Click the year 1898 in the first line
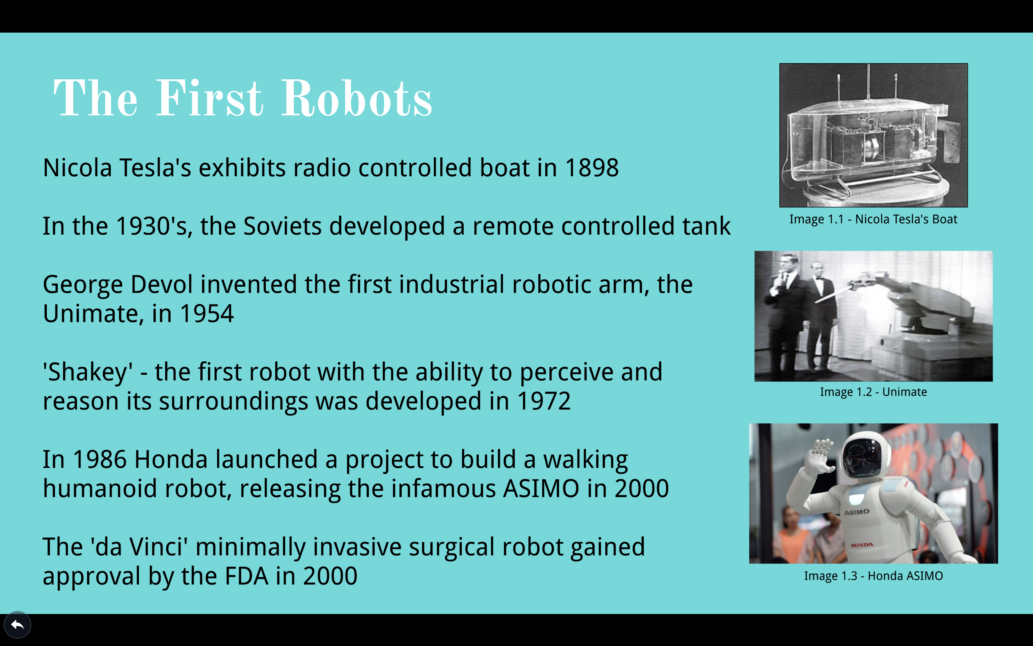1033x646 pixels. (x=592, y=167)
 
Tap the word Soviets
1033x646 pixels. (x=282, y=226)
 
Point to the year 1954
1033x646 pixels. (x=207, y=313)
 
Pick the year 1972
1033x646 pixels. (x=544, y=401)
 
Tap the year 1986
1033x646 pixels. (x=100, y=459)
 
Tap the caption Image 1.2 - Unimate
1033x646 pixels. (x=873, y=392)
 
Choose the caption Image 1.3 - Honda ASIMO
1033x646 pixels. (x=873, y=576)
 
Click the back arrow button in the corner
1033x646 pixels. (x=18, y=625)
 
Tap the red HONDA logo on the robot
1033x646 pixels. (x=862, y=545)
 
